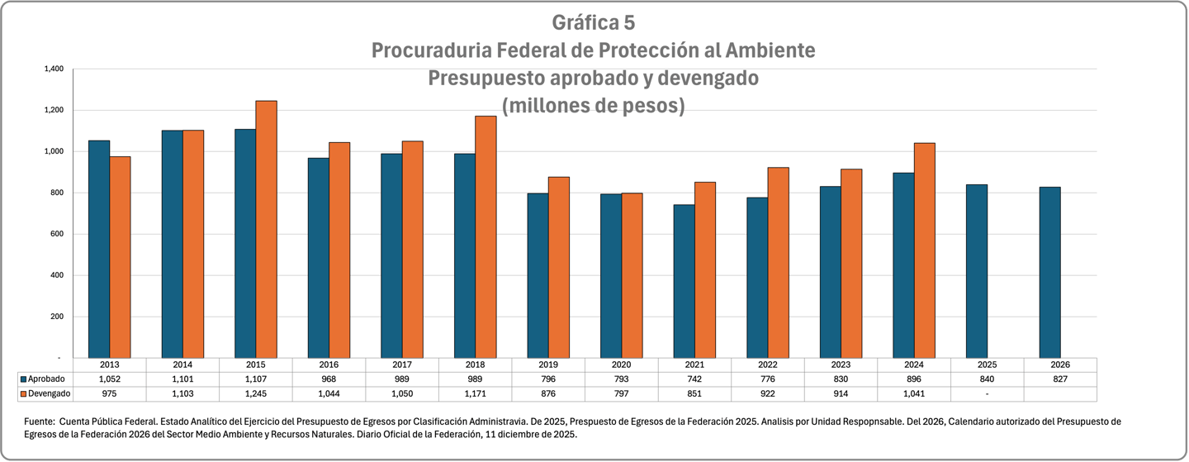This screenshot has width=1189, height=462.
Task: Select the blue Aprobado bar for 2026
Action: point(1049,272)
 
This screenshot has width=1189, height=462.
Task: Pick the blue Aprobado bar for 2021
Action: point(684,281)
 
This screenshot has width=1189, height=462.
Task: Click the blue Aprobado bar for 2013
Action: point(99,249)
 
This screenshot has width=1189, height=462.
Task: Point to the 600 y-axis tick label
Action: point(56,234)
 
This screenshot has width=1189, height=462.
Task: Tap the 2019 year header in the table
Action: point(548,364)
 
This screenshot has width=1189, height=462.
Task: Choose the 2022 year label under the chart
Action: point(768,364)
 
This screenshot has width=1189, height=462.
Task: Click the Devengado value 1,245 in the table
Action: point(256,393)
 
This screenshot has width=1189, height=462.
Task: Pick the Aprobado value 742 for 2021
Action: point(694,379)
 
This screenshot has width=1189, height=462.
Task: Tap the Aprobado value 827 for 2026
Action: point(1060,379)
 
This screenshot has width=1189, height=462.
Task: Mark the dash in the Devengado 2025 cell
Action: point(987,393)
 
